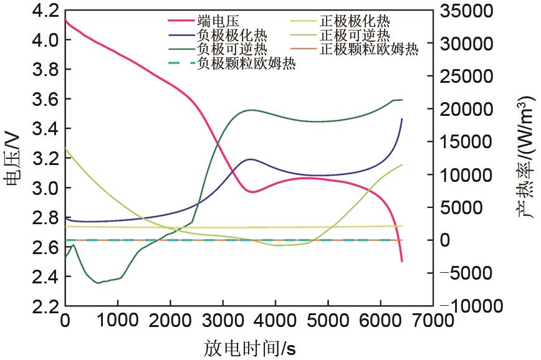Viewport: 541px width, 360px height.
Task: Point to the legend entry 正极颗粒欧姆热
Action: click(x=368, y=49)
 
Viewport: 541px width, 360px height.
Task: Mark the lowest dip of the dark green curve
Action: click(x=97, y=283)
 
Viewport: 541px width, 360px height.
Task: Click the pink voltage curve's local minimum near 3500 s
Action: click(x=252, y=192)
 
